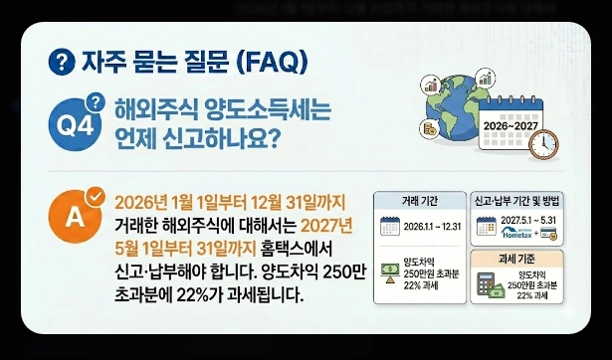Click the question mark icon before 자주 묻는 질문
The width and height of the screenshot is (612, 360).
(62, 62)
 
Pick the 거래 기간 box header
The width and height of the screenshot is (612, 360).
(420, 200)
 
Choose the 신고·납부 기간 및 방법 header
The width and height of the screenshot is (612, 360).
(518, 200)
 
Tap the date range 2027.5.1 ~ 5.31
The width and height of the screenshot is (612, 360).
(527, 220)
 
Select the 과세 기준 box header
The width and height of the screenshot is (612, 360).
(517, 259)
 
